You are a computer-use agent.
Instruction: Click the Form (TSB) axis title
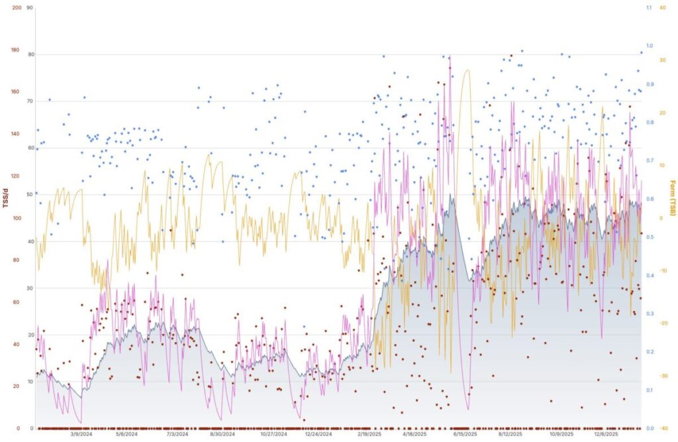pyautogui.click(x=672, y=197)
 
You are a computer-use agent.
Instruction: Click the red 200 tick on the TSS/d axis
pyautogui.click(x=17, y=8)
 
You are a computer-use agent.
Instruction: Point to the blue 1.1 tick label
pyautogui.click(x=648, y=8)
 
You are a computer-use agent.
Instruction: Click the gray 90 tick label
pyautogui.click(x=29, y=8)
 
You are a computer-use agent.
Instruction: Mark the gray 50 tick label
pyautogui.click(x=29, y=194)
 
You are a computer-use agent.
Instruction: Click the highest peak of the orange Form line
pyautogui.click(x=467, y=70)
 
